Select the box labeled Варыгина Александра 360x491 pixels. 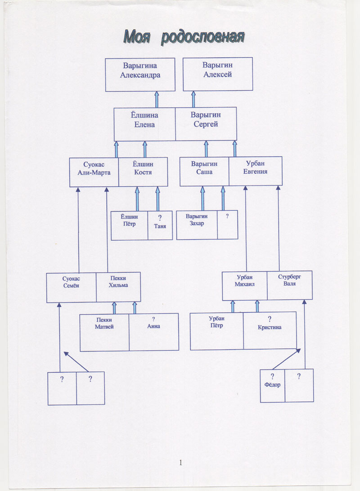tap(140, 74)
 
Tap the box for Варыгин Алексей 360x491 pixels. tap(217, 74)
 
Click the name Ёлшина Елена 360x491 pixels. tap(145, 120)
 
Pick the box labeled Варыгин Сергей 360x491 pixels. tap(206, 120)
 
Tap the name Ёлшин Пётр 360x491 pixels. tap(129, 220)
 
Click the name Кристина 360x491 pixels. tap(270, 327)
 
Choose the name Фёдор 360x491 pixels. tap(273, 385)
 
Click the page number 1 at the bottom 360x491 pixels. tap(181, 463)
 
